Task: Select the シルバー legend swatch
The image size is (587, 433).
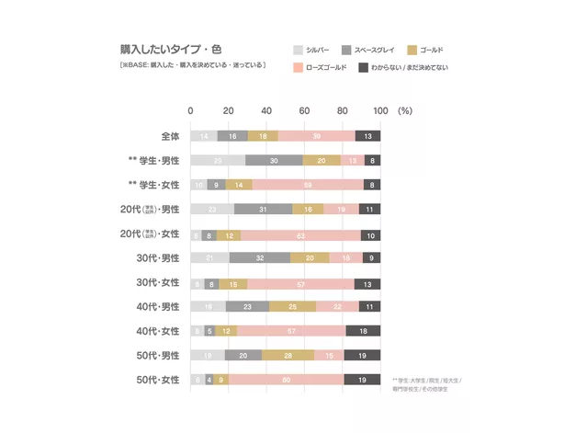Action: point(299,50)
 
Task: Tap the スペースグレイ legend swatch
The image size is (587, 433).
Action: point(346,50)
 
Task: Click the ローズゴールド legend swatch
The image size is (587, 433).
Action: point(299,68)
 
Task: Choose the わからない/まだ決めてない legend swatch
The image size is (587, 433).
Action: point(363,68)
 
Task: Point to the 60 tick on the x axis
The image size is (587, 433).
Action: point(304,111)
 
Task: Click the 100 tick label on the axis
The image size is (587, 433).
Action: point(380,111)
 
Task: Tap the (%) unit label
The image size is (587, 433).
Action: point(406,111)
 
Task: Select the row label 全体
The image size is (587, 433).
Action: point(170,136)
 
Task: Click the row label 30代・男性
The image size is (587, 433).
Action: point(158,257)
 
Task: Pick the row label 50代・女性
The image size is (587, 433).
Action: point(158,379)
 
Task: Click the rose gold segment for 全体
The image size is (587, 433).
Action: point(316,136)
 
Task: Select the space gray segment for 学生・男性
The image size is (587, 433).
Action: point(275,160)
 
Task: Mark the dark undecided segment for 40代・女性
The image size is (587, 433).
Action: point(364,330)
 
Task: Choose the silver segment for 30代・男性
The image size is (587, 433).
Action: point(210,257)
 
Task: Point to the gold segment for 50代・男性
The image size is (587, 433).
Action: point(288,355)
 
